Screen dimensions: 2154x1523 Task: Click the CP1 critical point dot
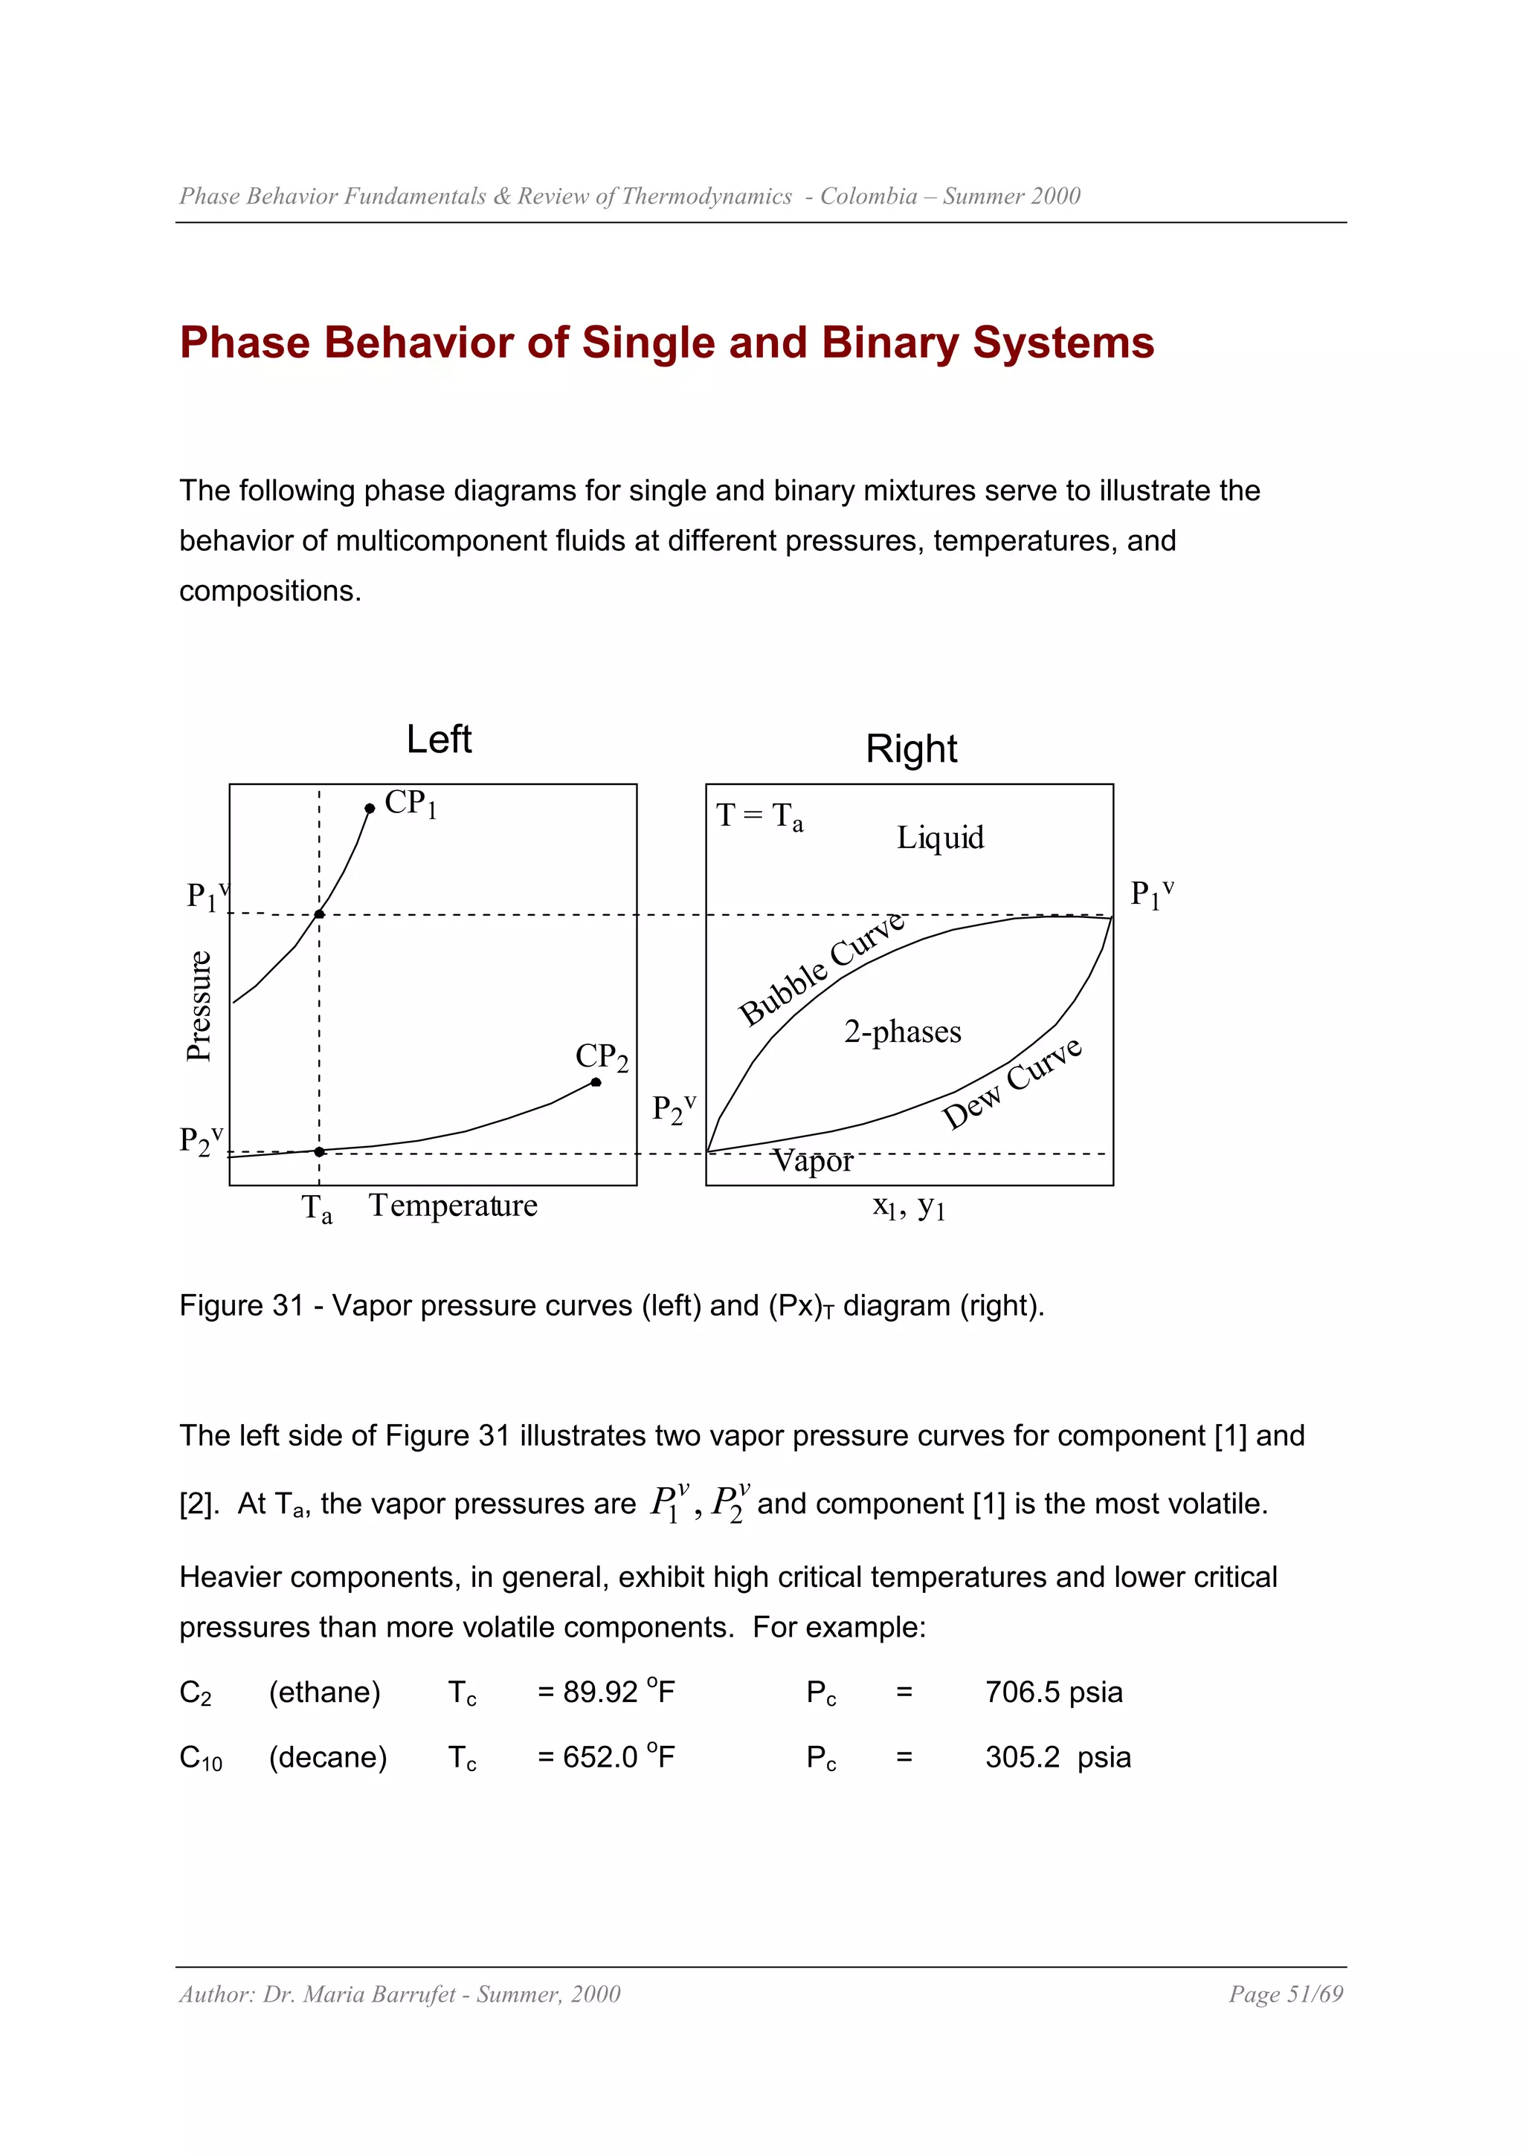click(370, 808)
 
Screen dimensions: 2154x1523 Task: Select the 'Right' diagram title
click(911, 748)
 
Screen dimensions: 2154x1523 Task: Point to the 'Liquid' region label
click(940, 838)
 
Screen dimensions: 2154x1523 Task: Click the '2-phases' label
click(903, 1032)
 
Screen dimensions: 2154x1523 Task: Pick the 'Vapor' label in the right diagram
click(813, 1162)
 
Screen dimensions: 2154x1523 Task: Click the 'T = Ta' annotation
click(759, 816)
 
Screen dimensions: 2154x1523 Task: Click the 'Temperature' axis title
click(453, 1206)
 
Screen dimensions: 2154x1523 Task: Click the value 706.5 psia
click(1054, 1692)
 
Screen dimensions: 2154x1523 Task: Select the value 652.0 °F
click(619, 1756)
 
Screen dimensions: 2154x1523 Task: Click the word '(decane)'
click(327, 1756)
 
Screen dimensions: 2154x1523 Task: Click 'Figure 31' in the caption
click(241, 1305)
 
